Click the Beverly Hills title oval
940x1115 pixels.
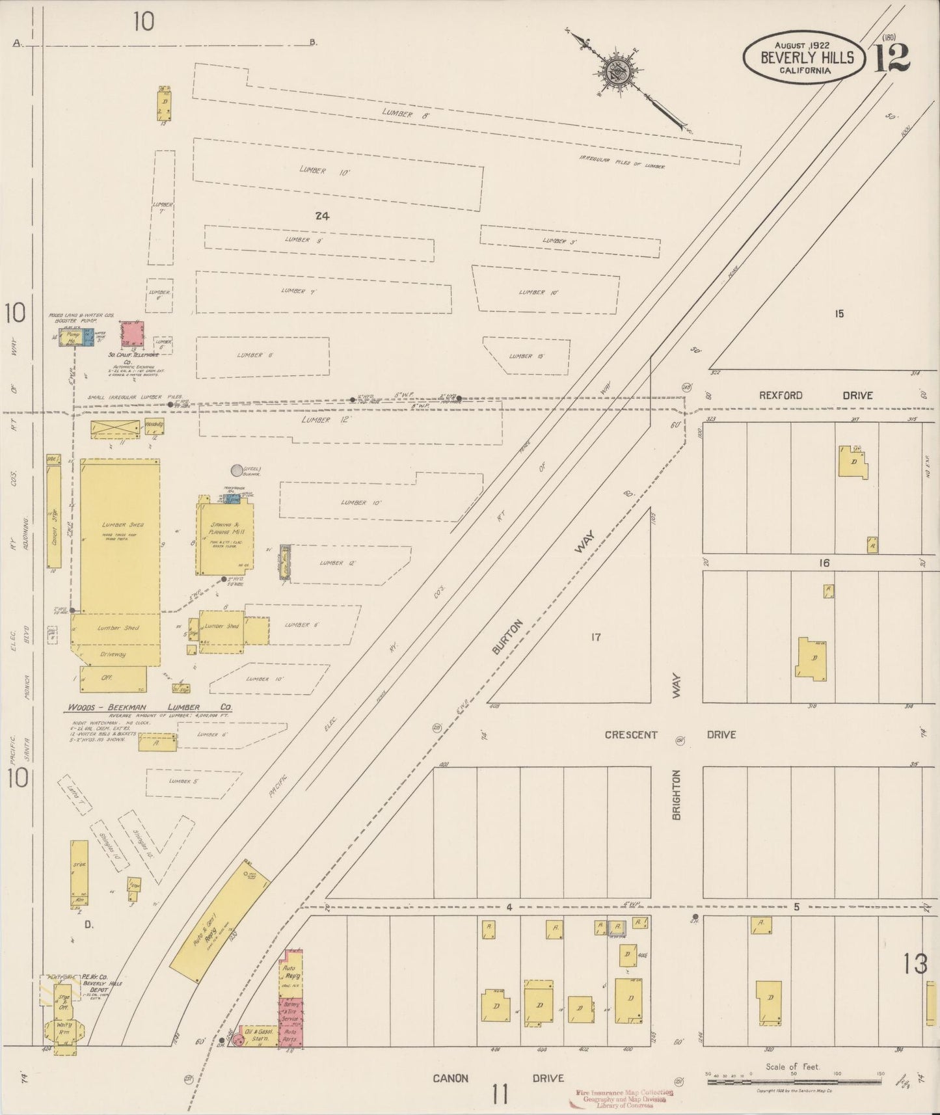tap(804, 58)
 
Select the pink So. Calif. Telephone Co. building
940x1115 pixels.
tap(133, 334)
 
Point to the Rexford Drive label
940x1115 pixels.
tap(815, 395)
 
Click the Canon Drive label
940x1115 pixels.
tap(498, 1078)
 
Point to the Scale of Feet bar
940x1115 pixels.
tap(794, 1081)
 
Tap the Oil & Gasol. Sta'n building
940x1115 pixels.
tap(257, 1036)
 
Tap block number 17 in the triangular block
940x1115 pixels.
tap(595, 637)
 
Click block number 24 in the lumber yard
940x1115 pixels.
tap(321, 216)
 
